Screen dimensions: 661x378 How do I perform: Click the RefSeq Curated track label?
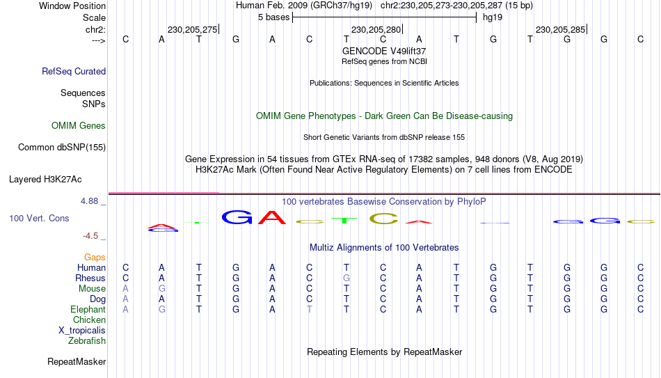[x=74, y=71]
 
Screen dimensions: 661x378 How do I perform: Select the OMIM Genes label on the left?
[x=79, y=126]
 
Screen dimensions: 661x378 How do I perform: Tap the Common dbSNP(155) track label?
[x=62, y=148]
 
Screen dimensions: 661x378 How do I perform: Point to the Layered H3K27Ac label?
[x=45, y=180]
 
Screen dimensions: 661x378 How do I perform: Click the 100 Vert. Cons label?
[x=39, y=218]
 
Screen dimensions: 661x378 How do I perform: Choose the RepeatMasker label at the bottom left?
[x=77, y=361]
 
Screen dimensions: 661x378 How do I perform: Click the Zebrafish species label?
[x=87, y=341]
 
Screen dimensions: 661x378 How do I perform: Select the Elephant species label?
[x=88, y=310]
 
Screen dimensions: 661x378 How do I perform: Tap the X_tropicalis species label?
[x=82, y=331]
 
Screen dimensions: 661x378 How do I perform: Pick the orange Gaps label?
[x=95, y=258]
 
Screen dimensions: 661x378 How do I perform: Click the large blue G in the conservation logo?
[x=237, y=216]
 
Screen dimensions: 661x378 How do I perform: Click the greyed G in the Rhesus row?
[x=346, y=278]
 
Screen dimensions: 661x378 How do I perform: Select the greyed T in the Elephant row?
[x=310, y=310]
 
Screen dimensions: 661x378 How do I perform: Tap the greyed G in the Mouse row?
[x=162, y=289]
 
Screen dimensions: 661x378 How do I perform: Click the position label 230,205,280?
[x=376, y=29]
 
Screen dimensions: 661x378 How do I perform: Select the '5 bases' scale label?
[x=274, y=17]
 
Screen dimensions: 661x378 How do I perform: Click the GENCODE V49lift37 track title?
[x=384, y=51]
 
